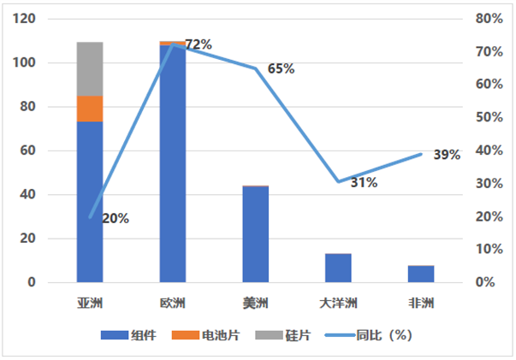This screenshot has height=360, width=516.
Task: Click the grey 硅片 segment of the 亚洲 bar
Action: point(90,68)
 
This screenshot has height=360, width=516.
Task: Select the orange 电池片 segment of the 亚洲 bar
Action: point(90,109)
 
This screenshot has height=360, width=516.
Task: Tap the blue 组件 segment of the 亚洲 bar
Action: point(90,202)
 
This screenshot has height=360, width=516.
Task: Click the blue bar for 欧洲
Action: point(172,162)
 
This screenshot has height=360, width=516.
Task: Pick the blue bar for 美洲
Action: point(255,234)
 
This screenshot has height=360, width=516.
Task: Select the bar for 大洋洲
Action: point(338,268)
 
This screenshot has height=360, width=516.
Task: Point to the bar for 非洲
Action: point(421,274)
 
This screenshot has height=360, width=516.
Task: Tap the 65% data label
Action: point(281,68)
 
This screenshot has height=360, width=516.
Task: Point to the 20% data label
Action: point(116,218)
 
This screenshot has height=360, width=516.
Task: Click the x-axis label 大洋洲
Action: point(338,303)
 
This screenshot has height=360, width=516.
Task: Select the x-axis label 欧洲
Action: point(172,303)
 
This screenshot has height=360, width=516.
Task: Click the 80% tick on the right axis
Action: point(489,19)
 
